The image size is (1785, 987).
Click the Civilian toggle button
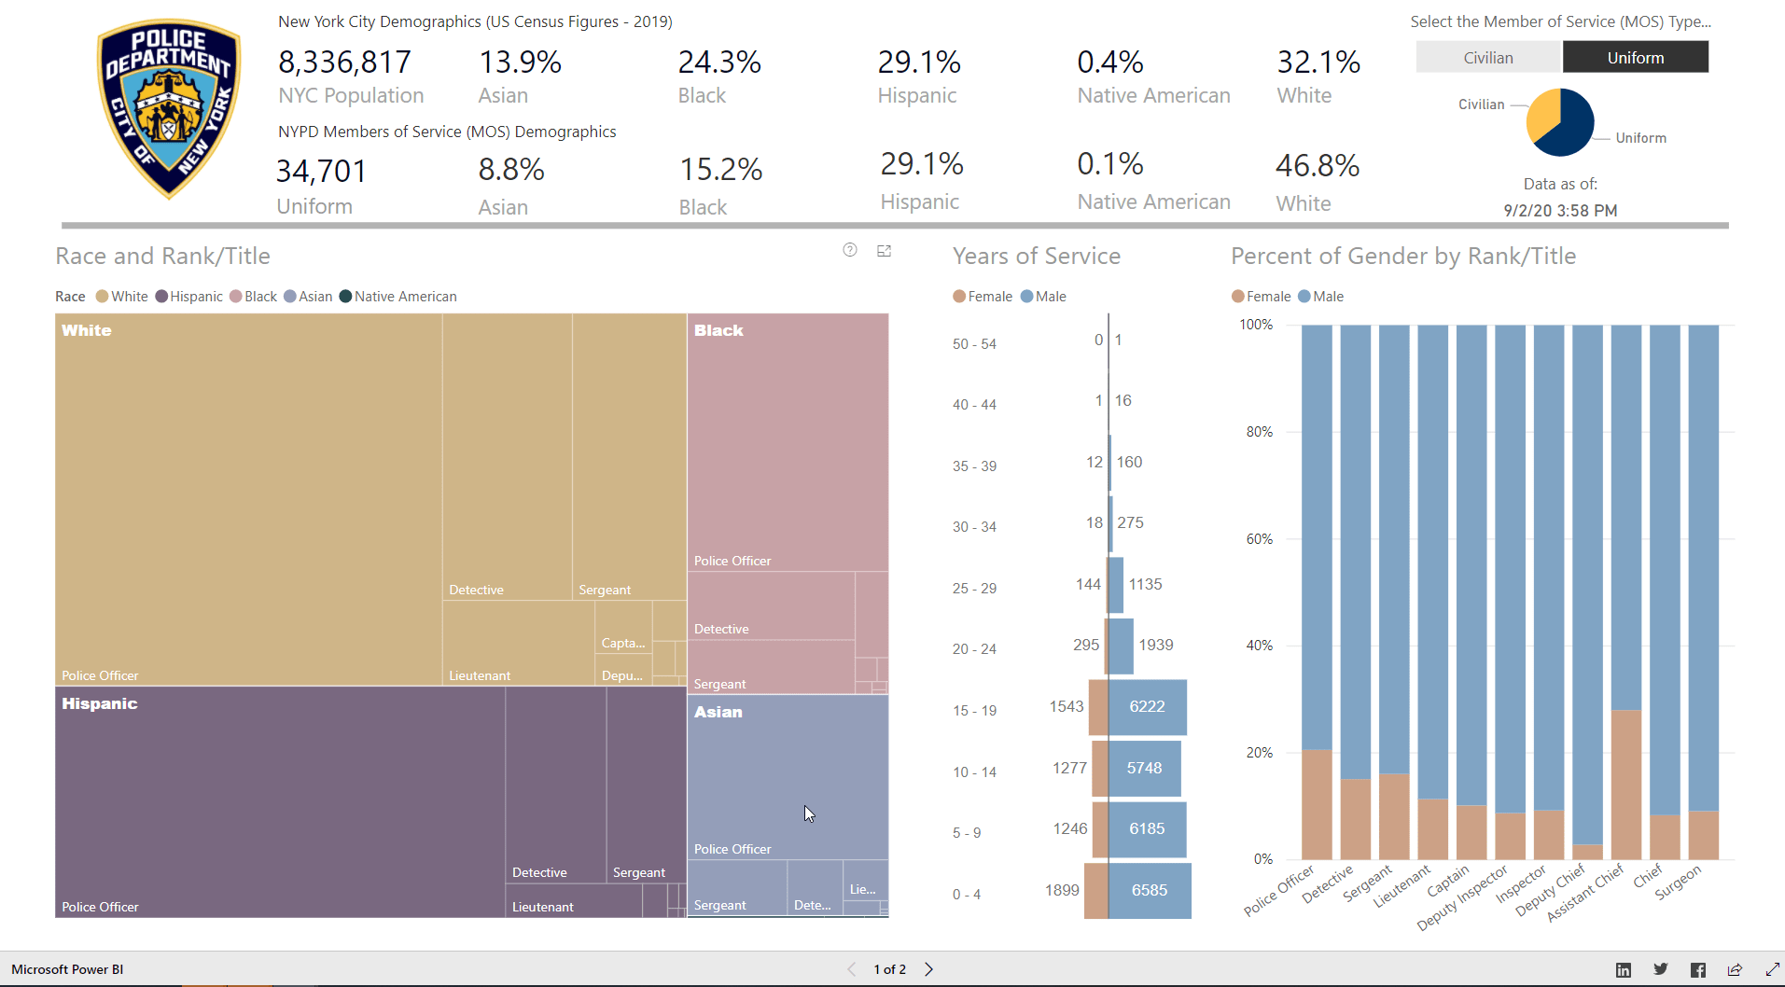[1488, 58]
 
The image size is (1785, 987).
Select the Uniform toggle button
[1635, 58]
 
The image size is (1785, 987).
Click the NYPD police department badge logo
[169, 108]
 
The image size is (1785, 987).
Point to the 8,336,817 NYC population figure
[344, 63]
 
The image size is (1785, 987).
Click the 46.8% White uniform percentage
[1317, 166]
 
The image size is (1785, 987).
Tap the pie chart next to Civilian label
[1560, 122]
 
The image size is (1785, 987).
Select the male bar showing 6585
[1149, 890]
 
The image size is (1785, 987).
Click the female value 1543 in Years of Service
[1066, 706]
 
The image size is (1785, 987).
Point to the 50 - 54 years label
[974, 344]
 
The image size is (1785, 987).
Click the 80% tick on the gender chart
[1259, 432]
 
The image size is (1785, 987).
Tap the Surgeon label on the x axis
[1678, 882]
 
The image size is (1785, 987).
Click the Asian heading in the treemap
[718, 712]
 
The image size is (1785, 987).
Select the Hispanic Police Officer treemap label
[100, 907]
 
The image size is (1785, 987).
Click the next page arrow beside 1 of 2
[928, 969]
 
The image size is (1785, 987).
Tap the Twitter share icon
[1660, 969]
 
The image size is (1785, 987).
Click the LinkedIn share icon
[1624, 970]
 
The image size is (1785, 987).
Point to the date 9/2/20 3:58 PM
[1560, 211]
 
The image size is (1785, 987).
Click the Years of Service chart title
[1036, 257]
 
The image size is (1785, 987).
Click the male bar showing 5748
[1144, 768]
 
